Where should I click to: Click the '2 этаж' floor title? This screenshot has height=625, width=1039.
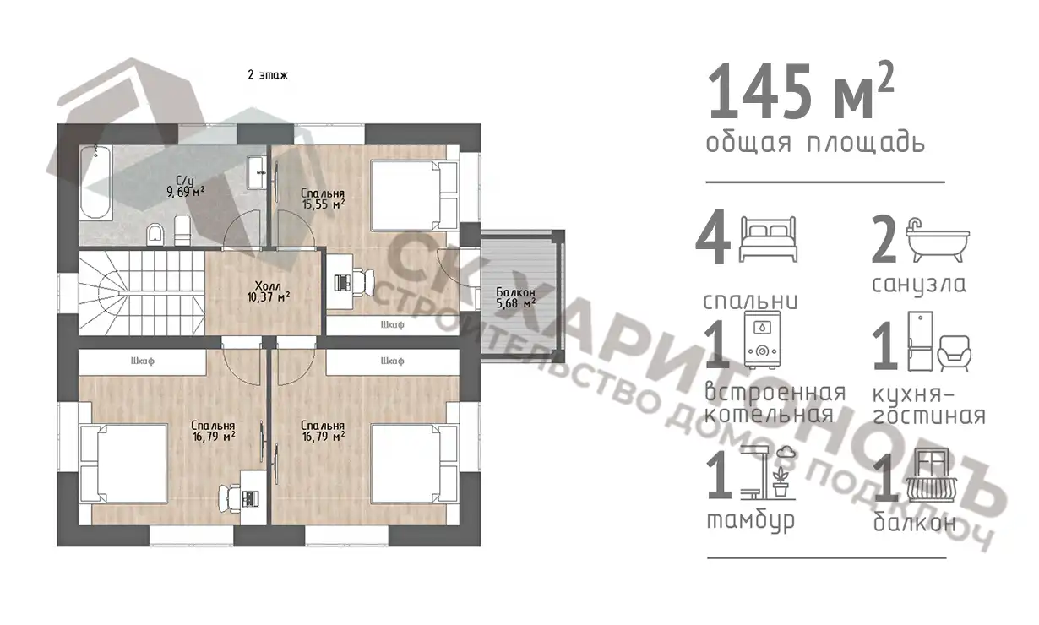pyautogui.click(x=268, y=74)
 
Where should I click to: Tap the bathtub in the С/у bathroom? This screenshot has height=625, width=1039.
pyautogui.click(x=95, y=182)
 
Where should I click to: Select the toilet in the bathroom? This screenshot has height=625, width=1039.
pyautogui.click(x=155, y=234)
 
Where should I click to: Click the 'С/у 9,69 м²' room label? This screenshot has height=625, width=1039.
pyautogui.click(x=186, y=186)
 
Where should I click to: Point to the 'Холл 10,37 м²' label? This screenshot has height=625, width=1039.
pyautogui.click(x=269, y=291)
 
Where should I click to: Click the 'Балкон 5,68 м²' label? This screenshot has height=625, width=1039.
pyautogui.click(x=516, y=297)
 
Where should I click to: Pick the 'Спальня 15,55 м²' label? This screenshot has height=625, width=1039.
pyautogui.click(x=323, y=198)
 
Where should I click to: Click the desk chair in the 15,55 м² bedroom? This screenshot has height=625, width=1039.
pyautogui.click(x=363, y=282)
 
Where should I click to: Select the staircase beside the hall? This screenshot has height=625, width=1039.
pyautogui.click(x=141, y=293)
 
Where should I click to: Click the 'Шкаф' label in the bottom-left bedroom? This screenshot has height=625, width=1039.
pyautogui.click(x=143, y=361)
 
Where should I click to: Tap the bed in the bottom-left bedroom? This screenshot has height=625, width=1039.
pyautogui.click(x=124, y=463)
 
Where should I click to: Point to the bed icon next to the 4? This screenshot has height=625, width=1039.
pyautogui.click(x=768, y=239)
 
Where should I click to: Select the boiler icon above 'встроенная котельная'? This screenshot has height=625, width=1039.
pyautogui.click(x=762, y=340)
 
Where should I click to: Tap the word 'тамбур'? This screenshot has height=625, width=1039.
pyautogui.click(x=750, y=520)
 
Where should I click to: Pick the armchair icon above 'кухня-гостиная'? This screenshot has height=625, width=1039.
pyautogui.click(x=955, y=353)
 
